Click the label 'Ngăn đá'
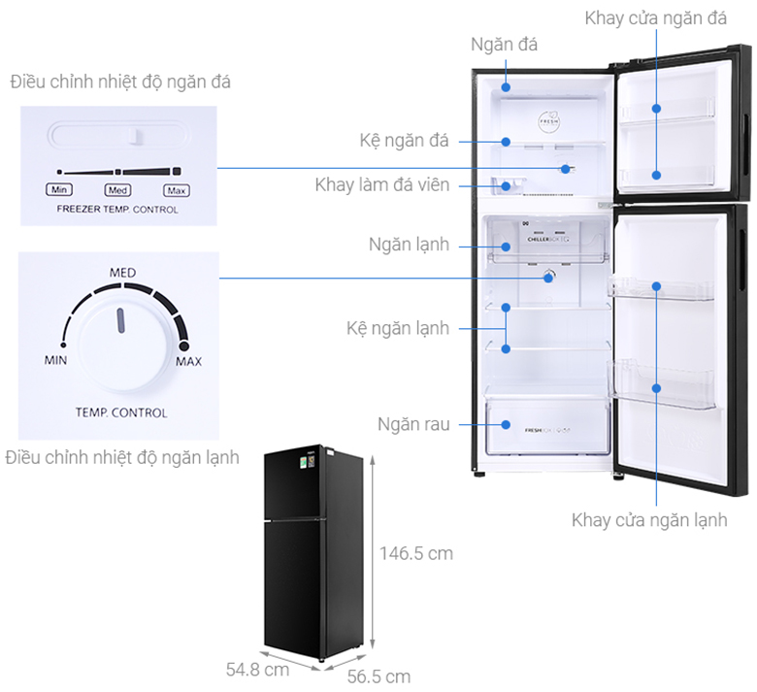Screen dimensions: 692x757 pos(504,45)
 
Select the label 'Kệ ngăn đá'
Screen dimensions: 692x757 pos(404,142)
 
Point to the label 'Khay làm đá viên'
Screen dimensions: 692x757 pos(381,184)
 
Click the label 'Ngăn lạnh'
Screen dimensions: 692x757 pos(409,245)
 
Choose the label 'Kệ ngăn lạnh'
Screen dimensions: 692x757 pos(398,328)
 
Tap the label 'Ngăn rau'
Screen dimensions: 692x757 pos(414,424)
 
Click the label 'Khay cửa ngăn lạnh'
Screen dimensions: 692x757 pos(649,520)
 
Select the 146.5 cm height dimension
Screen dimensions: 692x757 pos(415,553)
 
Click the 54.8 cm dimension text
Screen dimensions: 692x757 pos(257,669)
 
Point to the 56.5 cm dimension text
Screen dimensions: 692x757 pos(378,676)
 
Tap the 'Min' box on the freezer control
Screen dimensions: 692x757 pos(59,190)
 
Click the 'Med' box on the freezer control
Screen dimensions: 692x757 pos(117,190)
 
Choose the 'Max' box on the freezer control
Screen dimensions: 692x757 pos(175,190)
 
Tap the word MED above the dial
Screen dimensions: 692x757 pos(121,272)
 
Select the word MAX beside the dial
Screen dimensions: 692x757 pos(188,362)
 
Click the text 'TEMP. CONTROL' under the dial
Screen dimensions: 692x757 pos(121,412)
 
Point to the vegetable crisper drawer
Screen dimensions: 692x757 pos(547,426)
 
